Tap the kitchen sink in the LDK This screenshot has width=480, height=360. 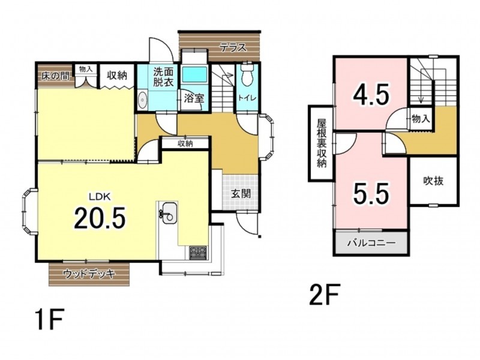[168, 214]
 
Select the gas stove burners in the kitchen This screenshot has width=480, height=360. [198, 253]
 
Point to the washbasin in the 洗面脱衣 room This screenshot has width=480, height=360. [142, 100]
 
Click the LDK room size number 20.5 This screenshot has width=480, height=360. [100, 218]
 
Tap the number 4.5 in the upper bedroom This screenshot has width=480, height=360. [371, 94]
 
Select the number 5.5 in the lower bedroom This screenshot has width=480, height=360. [371, 194]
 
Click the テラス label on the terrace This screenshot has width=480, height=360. [233, 47]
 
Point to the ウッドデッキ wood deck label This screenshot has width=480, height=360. [89, 274]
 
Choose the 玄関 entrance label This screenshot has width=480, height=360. [241, 193]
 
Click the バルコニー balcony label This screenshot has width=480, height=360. [371, 244]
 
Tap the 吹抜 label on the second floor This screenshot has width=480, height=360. [433, 181]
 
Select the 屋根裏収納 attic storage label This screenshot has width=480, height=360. [322, 143]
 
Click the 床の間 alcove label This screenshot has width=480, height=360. [56, 76]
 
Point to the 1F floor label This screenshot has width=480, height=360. [50, 319]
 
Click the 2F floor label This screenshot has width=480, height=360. [325, 295]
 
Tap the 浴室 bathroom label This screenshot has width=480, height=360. [194, 98]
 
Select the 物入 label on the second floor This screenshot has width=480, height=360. [421, 118]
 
